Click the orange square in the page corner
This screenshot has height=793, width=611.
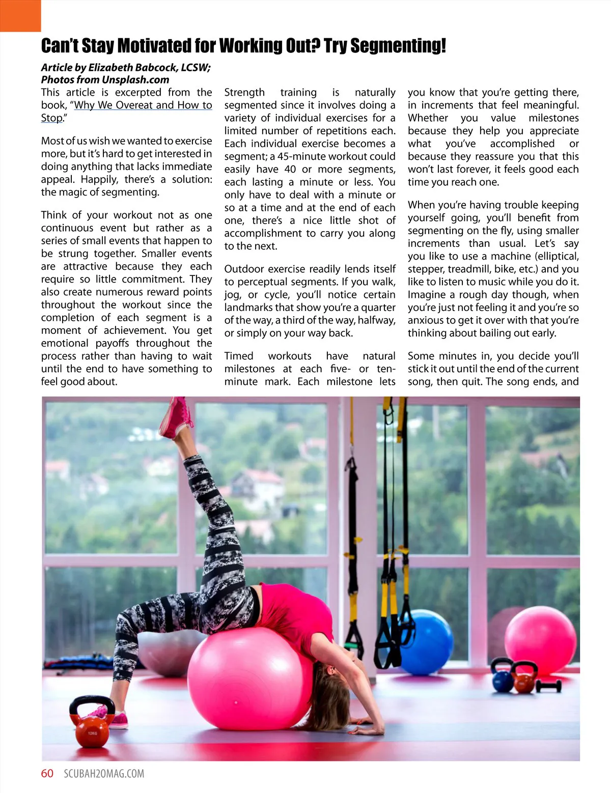pyautogui.click(x=20, y=16)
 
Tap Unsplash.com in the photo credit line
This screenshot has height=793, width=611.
pyautogui.click(x=135, y=80)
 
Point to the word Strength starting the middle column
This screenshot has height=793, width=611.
pyautogui.click(x=244, y=93)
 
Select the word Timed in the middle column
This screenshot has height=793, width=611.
pyautogui.click(x=239, y=356)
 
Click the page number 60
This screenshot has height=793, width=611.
pyautogui.click(x=47, y=774)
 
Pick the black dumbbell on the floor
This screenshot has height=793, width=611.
pyautogui.click(x=548, y=685)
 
